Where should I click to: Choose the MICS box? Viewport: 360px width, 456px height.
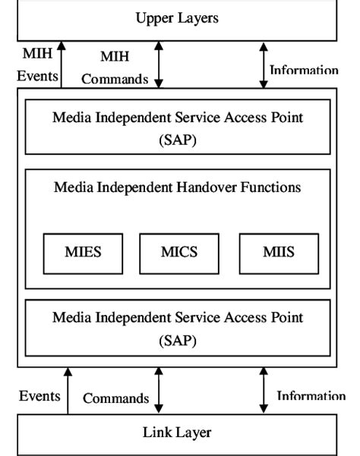point(179,253)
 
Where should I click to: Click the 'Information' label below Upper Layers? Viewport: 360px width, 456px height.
point(304,71)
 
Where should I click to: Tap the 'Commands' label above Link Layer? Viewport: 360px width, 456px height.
point(115,398)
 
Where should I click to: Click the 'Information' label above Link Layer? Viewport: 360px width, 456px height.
point(311,395)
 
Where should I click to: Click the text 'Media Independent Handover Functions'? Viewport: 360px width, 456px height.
point(177,187)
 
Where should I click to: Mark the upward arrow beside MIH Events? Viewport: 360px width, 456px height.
point(63,64)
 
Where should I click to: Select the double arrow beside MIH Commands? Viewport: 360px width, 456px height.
point(159,64)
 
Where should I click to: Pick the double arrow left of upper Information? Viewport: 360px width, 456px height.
point(263,64)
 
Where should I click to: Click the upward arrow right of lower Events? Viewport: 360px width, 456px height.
point(68,391)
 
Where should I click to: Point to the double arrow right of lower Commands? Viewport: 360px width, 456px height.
point(159,391)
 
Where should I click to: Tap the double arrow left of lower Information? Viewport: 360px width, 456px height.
point(264,391)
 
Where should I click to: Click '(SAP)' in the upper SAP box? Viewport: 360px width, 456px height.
point(177,140)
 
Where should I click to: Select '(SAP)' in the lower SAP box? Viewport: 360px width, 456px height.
point(177,341)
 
